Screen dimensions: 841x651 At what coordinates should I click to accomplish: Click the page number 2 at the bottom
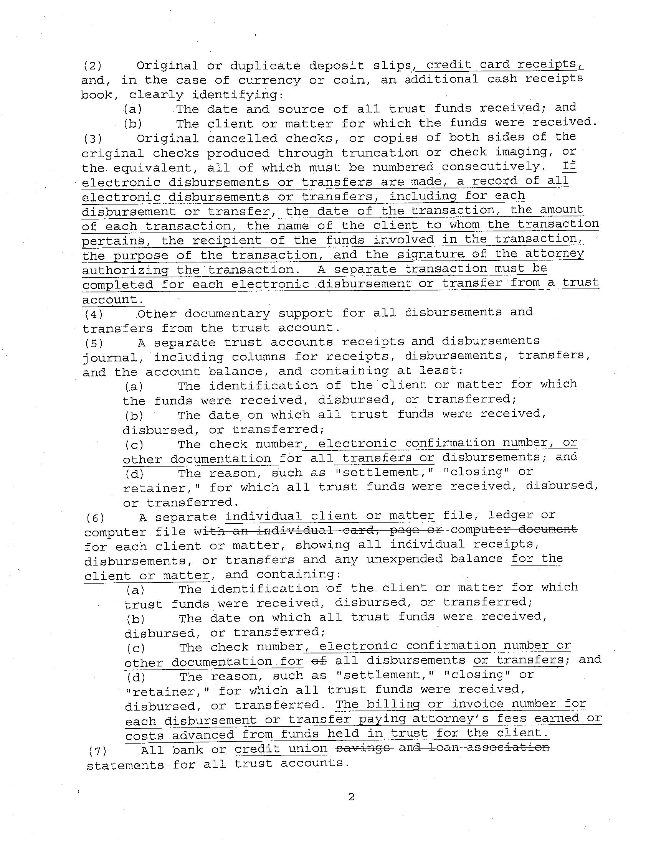(x=351, y=797)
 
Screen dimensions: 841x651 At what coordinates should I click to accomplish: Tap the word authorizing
(x=125, y=270)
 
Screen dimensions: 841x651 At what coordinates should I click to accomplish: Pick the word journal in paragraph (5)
(x=110, y=358)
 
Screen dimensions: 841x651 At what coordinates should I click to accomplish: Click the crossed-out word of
(x=319, y=660)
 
